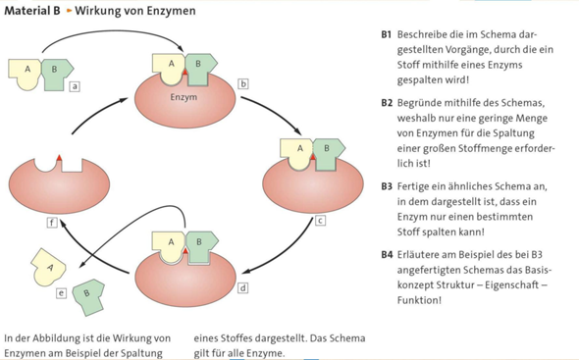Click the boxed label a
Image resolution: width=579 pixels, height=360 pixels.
(75, 86)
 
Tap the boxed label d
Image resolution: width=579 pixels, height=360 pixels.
(243, 288)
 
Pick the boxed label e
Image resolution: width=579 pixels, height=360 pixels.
(62, 292)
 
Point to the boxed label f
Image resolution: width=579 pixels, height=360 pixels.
(53, 224)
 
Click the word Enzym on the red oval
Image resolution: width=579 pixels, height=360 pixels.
(184, 98)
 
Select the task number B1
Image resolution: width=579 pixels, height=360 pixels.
(386, 34)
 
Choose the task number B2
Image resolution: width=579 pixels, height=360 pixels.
(386, 102)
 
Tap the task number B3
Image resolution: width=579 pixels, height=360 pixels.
(386, 186)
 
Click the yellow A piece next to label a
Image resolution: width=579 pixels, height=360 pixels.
(26, 72)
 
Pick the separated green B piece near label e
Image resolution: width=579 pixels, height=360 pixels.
(87, 292)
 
